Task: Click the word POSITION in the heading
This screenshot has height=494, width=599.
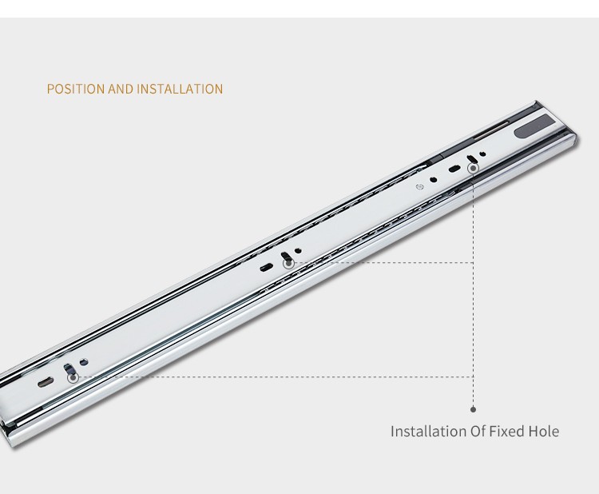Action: tap(75, 89)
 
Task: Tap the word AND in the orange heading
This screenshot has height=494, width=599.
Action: tap(121, 89)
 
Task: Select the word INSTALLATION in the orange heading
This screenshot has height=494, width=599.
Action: tap(180, 89)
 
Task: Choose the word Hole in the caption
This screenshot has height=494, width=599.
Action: tap(544, 432)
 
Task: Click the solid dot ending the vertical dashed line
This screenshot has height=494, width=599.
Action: tap(474, 409)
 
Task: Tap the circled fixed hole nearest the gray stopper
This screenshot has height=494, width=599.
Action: tap(474, 168)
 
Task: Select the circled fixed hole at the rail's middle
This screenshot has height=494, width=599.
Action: tap(288, 264)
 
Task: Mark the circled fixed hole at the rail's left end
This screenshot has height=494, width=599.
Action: tap(73, 378)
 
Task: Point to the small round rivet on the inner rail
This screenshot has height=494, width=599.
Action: tap(420, 186)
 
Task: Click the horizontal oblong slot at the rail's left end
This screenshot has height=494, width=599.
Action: tap(45, 382)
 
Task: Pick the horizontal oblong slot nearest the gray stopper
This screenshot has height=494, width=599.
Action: tap(454, 168)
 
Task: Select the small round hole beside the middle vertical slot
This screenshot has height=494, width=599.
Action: tap(298, 251)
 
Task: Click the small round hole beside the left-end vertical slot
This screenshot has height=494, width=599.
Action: tap(84, 361)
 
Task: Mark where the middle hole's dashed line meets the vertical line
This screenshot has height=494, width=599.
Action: tap(474, 263)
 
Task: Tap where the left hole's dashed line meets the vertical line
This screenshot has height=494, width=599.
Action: tap(474, 377)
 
